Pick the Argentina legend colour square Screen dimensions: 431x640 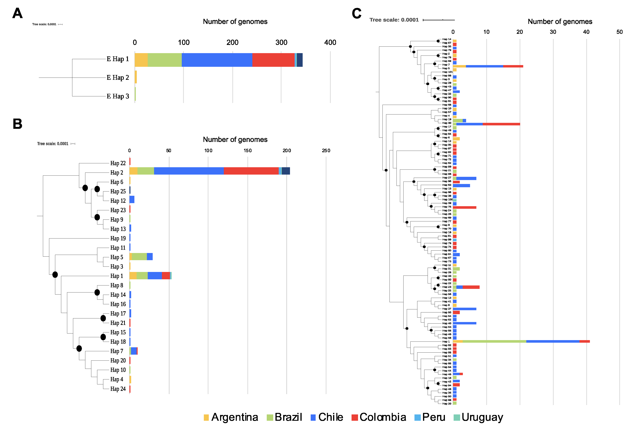pos(206,417)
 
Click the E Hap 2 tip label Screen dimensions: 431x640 pos(118,78)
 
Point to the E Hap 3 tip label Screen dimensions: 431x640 pos(118,96)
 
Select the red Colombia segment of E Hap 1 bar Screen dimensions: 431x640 pos(273,60)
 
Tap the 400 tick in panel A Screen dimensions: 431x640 pos(330,42)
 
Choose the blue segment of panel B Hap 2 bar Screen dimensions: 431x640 pos(189,171)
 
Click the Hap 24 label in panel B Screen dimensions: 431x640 pos(118,389)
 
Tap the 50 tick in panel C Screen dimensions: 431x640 pos(619,32)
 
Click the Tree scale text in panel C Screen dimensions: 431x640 pos(394,20)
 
